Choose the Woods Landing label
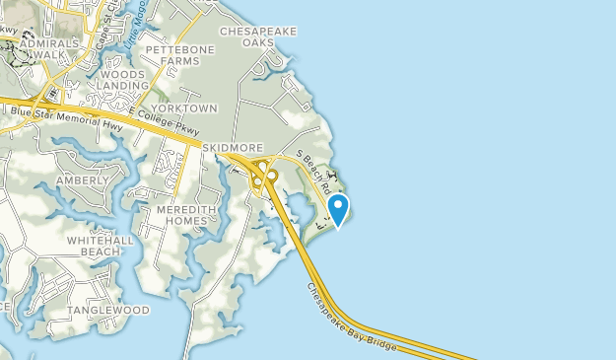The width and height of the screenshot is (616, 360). pyautogui.click(x=122, y=80)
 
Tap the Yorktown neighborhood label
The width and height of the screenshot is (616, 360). pyautogui.click(x=190, y=108)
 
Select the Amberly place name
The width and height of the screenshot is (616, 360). pyautogui.click(x=82, y=180)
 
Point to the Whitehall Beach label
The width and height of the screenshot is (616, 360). pyautogui.click(x=94, y=246)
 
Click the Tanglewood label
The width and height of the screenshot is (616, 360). pyautogui.click(x=108, y=310)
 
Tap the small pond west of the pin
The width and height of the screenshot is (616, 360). pyautogui.click(x=297, y=206)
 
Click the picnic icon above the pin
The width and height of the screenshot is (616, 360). pyautogui.click(x=332, y=178)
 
